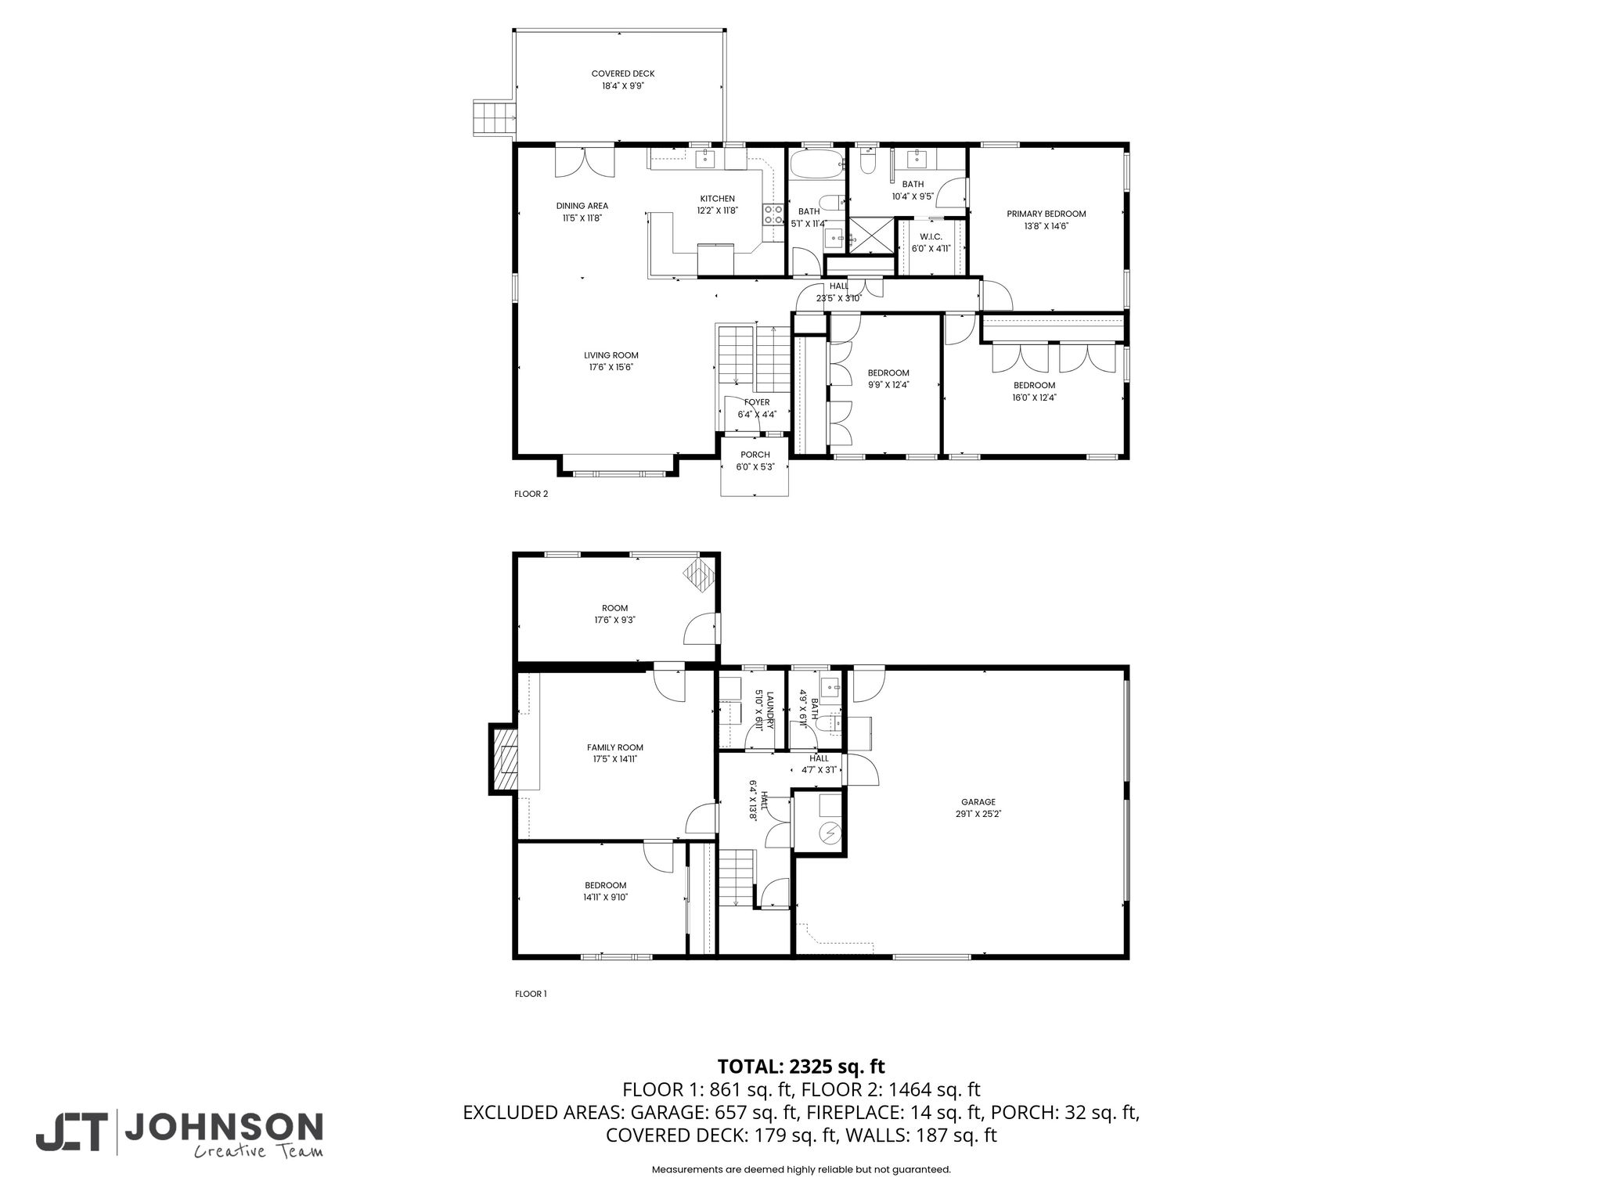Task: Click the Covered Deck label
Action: click(x=623, y=74)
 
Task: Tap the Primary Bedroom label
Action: click(x=1046, y=214)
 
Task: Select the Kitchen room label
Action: click(x=718, y=199)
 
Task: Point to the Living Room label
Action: click(x=611, y=355)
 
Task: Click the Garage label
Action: click(x=978, y=802)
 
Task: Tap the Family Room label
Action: click(x=615, y=747)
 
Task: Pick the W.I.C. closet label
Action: click(x=931, y=236)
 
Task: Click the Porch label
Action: click(x=755, y=455)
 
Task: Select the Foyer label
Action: click(x=757, y=402)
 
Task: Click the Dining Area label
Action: click(x=582, y=206)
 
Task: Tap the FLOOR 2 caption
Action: click(x=531, y=494)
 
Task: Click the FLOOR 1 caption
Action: click(x=531, y=994)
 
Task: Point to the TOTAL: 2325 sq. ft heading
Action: click(x=801, y=1067)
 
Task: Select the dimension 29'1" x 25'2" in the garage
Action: click(x=978, y=814)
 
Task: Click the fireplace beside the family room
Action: click(x=504, y=759)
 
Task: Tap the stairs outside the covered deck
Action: click(x=494, y=117)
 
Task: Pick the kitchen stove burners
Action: click(x=773, y=215)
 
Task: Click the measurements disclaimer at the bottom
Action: click(x=801, y=1169)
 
